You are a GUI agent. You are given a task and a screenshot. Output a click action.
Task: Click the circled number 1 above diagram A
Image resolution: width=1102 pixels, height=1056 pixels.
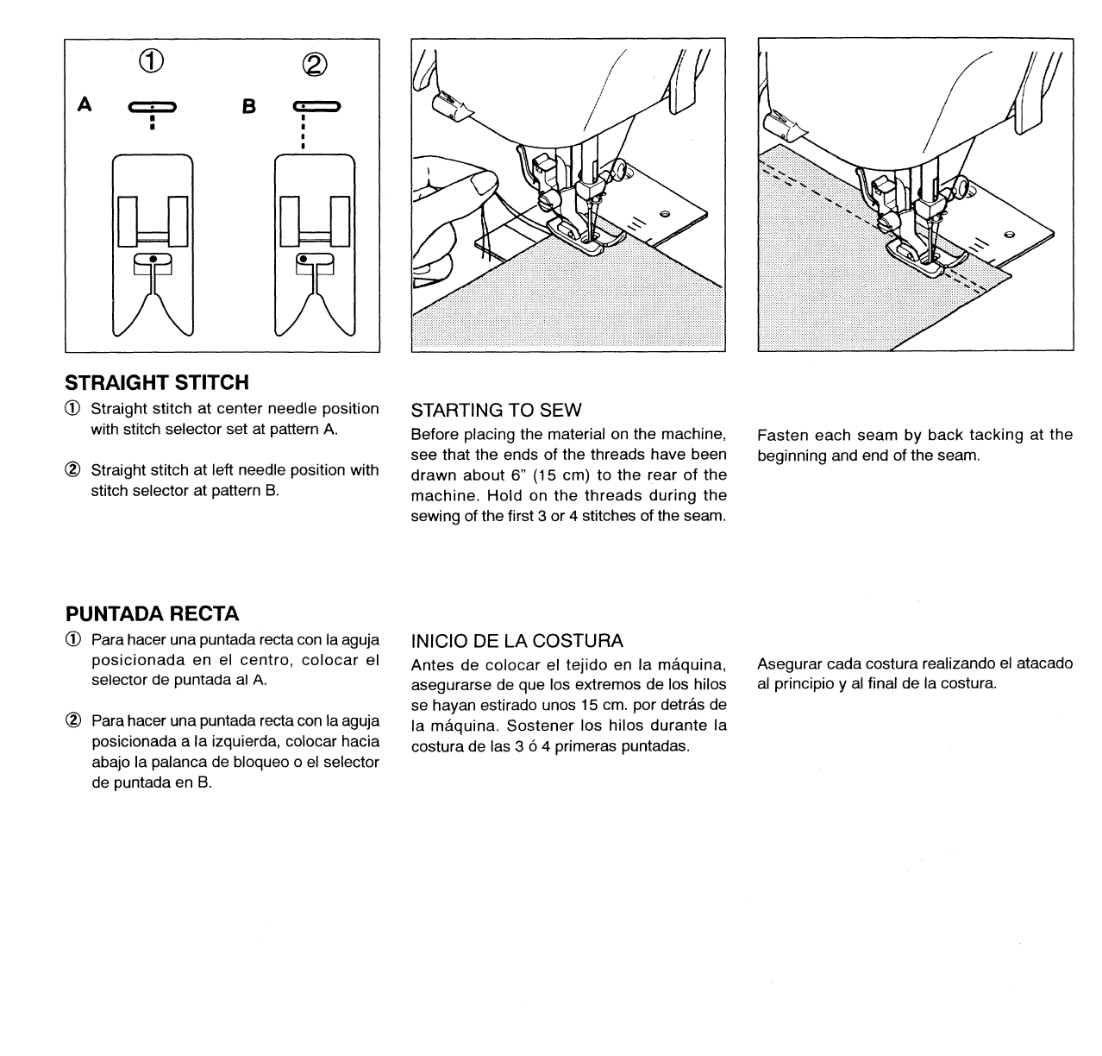(152, 61)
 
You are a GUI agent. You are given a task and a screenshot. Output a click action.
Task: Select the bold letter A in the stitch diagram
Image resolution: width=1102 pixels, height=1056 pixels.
(85, 104)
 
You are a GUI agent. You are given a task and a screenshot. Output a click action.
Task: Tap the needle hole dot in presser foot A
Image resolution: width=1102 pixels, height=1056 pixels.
(153, 259)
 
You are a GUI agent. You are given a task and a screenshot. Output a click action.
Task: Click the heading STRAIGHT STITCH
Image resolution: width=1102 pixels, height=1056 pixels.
(157, 382)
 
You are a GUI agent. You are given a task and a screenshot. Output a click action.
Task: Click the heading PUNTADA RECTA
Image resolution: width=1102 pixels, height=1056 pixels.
(152, 614)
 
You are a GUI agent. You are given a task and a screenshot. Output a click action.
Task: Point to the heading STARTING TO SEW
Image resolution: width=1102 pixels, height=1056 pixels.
(496, 410)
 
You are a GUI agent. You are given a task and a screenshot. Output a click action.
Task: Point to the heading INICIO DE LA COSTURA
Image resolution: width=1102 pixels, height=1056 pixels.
(517, 641)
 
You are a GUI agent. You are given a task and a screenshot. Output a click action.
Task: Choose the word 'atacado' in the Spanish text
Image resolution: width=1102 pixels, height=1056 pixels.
(1044, 663)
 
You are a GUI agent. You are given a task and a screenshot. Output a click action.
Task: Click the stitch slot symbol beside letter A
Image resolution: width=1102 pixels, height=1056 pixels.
(153, 108)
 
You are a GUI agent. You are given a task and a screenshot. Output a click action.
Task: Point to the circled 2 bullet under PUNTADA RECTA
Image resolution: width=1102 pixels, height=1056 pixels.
(74, 721)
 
